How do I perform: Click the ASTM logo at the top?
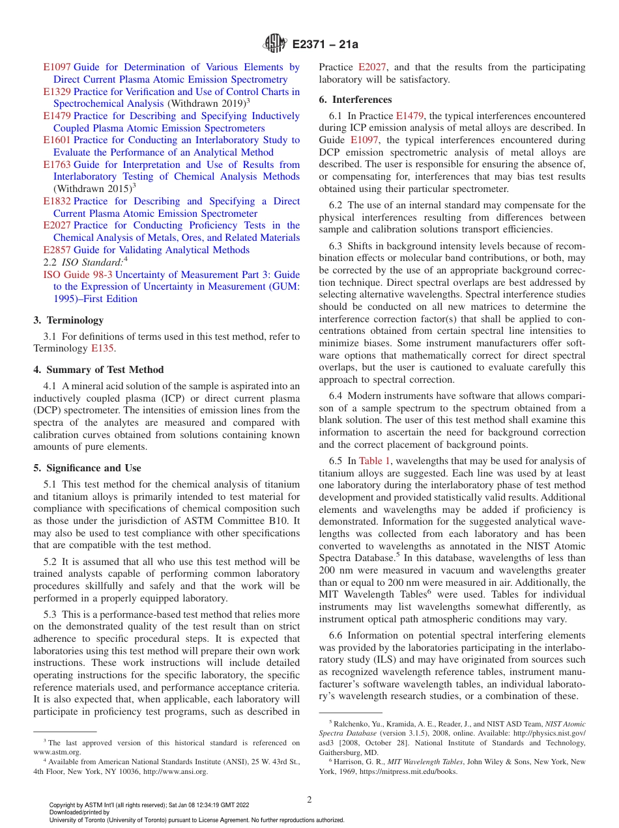274,44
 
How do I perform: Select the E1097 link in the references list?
57,67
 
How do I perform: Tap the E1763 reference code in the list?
57,165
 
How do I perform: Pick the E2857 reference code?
57,250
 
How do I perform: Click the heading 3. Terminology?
68,320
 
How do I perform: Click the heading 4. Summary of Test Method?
98,370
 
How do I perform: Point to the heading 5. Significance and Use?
87,468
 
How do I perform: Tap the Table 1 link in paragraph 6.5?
375,461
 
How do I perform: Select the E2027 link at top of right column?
373,67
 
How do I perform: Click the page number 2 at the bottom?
309,800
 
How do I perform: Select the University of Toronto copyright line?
196,820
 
